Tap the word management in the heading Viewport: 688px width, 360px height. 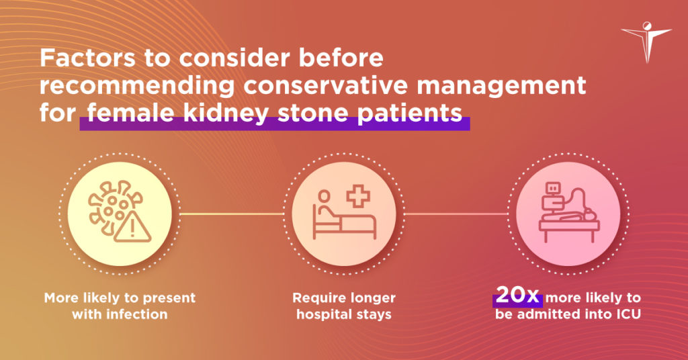501,86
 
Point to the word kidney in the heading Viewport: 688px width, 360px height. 226,113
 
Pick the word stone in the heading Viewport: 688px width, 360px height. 312,113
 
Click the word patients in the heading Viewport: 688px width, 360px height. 409,113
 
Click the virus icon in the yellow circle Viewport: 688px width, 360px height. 115,207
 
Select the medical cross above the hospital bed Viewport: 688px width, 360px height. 358,196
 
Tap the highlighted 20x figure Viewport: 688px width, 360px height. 518,296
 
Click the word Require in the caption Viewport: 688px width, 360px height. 314,298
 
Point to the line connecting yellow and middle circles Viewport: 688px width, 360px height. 232,214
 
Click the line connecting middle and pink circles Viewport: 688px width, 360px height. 456,214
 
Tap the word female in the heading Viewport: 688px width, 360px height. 130,113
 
